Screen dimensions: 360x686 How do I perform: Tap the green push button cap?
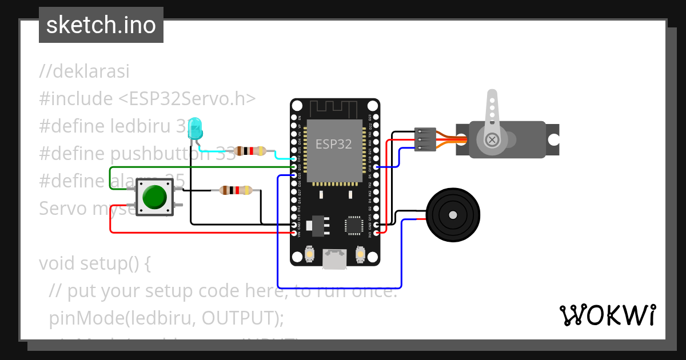[154, 197]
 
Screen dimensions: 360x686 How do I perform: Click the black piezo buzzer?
[453, 215]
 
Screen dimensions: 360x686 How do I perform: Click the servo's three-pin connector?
[425, 140]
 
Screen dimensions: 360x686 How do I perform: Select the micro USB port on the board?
[335, 258]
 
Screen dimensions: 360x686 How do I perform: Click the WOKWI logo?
[607, 315]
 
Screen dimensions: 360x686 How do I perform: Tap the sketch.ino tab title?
[101, 25]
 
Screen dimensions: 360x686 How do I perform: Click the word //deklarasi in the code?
[85, 72]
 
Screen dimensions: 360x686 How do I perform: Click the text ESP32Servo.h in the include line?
[186, 99]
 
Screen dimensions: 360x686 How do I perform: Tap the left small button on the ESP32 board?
[310, 253]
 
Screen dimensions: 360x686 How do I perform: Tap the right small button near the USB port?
[360, 253]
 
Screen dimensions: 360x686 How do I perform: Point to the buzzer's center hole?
[453, 215]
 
